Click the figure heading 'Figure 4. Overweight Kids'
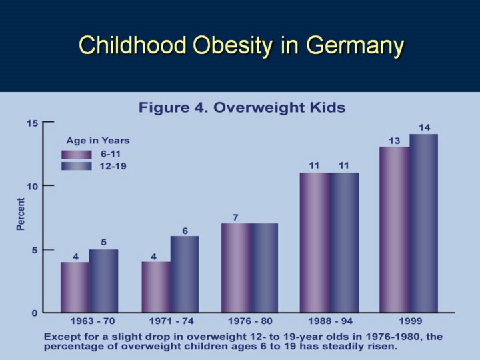pyautogui.click(x=241, y=107)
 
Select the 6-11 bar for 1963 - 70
pyautogui.click(x=75, y=287)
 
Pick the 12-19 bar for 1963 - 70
pyautogui.click(x=103, y=281)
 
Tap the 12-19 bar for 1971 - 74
pyautogui.click(x=184, y=274)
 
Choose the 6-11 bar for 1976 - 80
pyautogui.click(x=235, y=267)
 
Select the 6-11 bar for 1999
pyautogui.click(x=395, y=229)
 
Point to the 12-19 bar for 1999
pyautogui.click(x=423, y=223)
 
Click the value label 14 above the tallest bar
pyautogui.click(x=424, y=127)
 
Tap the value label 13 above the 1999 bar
pyautogui.click(x=395, y=140)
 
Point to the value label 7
pyautogui.click(x=235, y=217)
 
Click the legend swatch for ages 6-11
pyautogui.click(x=75, y=154)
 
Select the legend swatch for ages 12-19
pyautogui.click(x=75, y=167)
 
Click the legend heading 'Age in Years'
pyautogui.click(x=97, y=141)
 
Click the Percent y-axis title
pyautogui.click(x=21, y=214)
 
